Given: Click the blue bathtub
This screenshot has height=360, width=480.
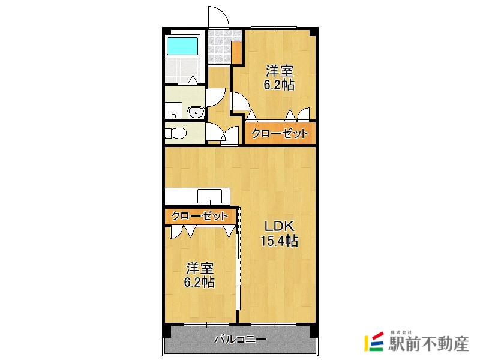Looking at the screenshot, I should (x=182, y=46).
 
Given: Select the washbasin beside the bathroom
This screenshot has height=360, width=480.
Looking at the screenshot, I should (x=196, y=112).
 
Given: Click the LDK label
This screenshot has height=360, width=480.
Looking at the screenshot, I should (x=279, y=227).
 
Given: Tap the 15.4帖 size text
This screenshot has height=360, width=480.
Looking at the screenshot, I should (x=279, y=241).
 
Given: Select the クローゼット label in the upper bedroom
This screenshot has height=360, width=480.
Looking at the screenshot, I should (x=280, y=134).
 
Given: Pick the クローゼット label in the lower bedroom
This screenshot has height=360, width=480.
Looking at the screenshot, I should (x=199, y=216).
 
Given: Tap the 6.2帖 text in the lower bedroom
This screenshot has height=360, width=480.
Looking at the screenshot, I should (x=199, y=282).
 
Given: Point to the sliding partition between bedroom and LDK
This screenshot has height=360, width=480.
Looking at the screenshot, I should (x=239, y=264).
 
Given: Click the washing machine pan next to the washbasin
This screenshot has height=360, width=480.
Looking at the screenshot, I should (x=174, y=109).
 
